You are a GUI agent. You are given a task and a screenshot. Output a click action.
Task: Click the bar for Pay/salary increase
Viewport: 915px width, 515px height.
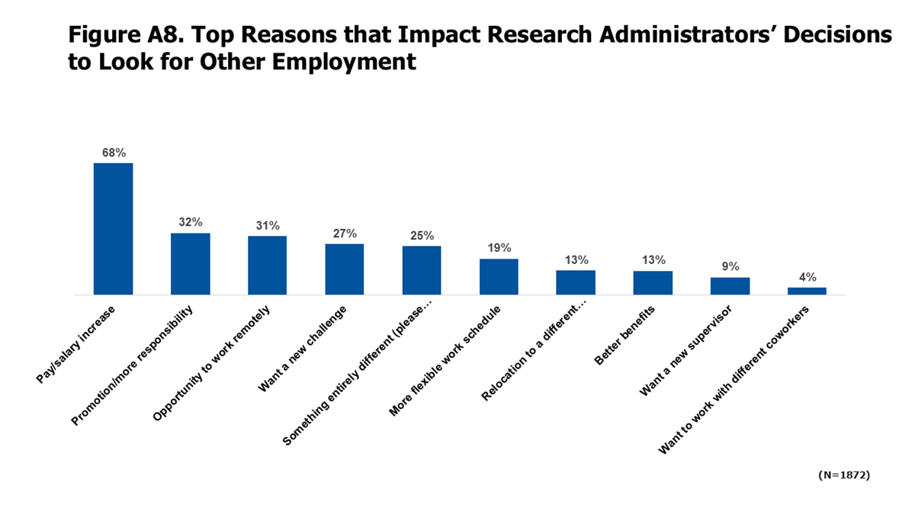(x=113, y=228)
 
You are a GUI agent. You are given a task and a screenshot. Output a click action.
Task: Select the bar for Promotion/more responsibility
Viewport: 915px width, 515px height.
(x=190, y=263)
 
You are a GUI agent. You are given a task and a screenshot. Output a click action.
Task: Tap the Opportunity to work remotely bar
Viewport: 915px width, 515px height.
(x=267, y=265)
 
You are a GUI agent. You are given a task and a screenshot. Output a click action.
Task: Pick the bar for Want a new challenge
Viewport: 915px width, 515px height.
(x=344, y=269)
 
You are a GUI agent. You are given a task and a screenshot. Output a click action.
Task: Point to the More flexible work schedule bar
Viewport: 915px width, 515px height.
(x=499, y=276)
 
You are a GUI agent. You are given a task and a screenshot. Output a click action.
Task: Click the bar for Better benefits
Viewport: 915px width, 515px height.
(x=653, y=282)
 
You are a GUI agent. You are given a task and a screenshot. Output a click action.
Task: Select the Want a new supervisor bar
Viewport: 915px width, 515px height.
(x=730, y=285)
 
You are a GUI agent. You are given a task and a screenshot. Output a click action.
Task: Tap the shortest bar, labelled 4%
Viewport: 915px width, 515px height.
(x=807, y=291)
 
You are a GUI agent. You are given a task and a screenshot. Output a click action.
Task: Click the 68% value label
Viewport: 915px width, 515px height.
(x=113, y=153)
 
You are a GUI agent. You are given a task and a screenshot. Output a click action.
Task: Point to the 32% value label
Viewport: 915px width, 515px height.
(x=190, y=222)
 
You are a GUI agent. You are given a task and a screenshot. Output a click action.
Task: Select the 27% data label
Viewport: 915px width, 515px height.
(x=344, y=233)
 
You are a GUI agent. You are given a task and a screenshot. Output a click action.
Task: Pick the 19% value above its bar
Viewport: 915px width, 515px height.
(x=499, y=248)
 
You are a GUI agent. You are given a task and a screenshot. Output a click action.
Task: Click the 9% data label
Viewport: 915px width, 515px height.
(x=730, y=266)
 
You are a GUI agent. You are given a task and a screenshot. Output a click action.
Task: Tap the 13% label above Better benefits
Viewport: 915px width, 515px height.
(x=653, y=260)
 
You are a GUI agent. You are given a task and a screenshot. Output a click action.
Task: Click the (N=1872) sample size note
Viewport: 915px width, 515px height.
(x=843, y=475)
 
